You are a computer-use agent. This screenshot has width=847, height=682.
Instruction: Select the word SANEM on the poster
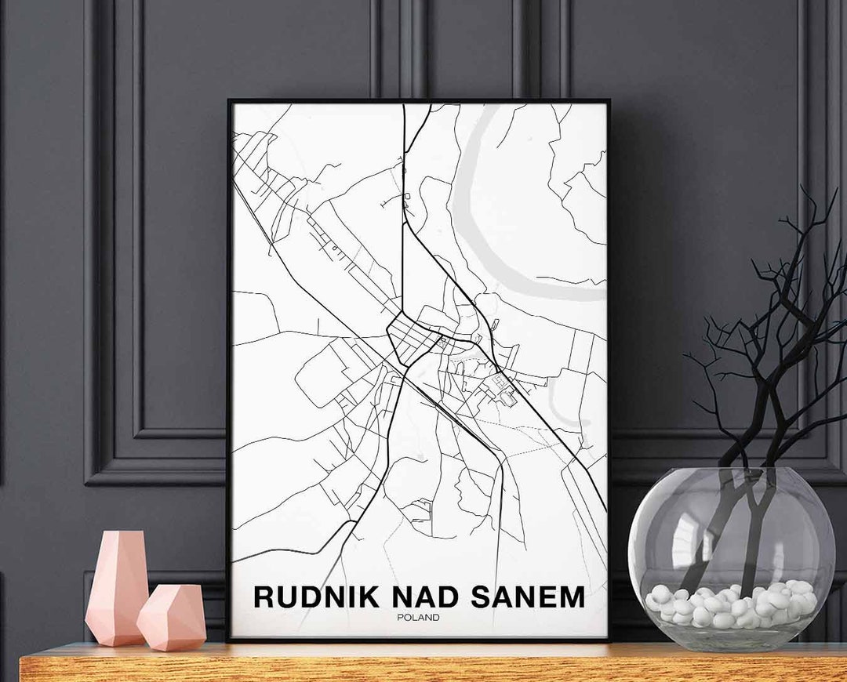[x=528, y=597]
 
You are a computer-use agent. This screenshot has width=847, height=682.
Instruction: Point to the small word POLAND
[x=418, y=618]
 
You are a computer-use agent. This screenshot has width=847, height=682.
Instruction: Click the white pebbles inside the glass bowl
[x=729, y=606]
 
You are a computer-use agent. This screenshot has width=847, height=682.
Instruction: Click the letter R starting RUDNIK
[x=264, y=597]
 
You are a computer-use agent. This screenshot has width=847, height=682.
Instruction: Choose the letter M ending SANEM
[x=572, y=597]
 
